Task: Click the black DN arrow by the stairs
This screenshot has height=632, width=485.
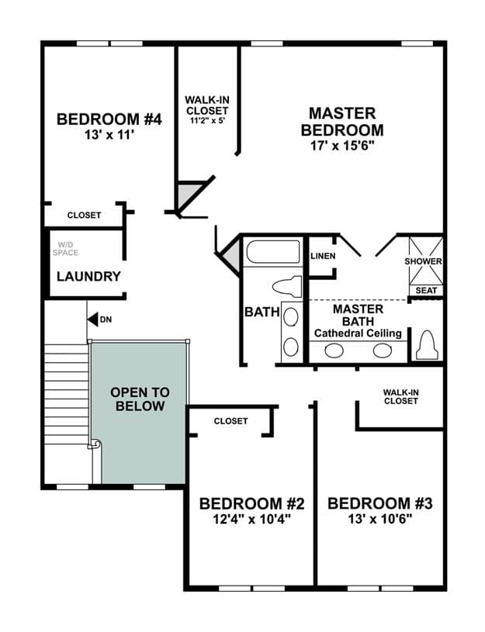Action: [93, 319]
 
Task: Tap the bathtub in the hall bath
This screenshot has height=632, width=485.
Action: [273, 252]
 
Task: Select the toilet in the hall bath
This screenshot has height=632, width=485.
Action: [287, 287]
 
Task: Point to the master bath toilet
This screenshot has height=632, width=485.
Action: [427, 344]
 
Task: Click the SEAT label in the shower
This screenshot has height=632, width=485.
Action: [426, 290]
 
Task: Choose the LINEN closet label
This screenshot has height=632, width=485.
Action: [323, 256]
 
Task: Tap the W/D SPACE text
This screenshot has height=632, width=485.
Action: [65, 249]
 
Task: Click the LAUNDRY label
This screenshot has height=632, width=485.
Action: [88, 277]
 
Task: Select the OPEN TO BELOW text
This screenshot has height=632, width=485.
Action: [140, 399]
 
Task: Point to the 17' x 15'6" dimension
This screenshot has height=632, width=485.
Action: [342, 146]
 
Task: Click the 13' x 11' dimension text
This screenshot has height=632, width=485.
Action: [109, 135]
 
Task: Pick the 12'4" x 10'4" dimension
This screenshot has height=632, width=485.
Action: [251, 519]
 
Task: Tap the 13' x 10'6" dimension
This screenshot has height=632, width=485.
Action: [379, 519]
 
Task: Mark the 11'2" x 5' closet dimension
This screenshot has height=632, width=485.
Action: [207, 120]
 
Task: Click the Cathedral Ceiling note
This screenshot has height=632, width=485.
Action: [358, 333]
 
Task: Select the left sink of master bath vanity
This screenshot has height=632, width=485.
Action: [334, 351]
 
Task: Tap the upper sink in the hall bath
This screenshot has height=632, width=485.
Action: [291, 317]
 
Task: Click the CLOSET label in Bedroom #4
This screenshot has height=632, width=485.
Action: [84, 216]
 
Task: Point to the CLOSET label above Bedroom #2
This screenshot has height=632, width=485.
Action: [230, 421]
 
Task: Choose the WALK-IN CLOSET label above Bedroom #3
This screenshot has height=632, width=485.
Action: [400, 396]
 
